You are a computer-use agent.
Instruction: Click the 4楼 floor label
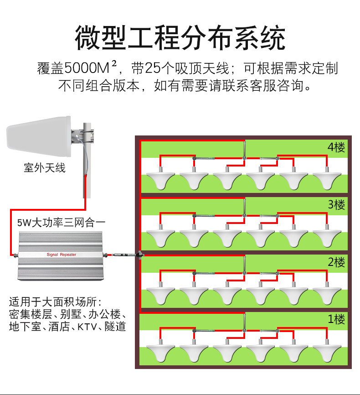(x=336, y=147)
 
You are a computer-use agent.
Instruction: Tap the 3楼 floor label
(x=336, y=204)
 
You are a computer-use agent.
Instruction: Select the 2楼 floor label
(x=336, y=262)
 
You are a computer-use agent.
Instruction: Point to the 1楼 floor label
(x=336, y=319)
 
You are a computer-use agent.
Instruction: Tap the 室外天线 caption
(x=45, y=168)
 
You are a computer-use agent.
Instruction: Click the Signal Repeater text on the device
(x=62, y=255)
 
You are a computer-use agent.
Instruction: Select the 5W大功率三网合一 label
(x=61, y=223)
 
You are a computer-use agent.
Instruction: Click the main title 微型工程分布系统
(x=180, y=38)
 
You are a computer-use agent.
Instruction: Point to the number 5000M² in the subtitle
(x=91, y=68)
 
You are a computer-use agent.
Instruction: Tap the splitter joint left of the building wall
(x=139, y=255)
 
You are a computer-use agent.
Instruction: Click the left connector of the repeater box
(x=16, y=255)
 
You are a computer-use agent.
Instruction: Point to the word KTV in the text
(x=87, y=327)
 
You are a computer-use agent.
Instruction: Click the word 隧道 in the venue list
(x=115, y=327)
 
